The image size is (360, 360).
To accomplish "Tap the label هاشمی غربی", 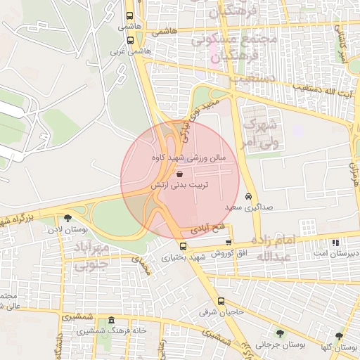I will [124, 52].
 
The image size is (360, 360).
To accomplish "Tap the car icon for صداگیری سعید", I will [249, 197].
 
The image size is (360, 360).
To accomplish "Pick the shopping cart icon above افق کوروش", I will [228, 243].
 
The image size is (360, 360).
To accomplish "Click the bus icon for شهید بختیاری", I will [183, 247].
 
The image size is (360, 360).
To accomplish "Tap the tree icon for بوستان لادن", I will [67, 219].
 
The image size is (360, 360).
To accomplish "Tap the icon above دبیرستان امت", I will [336, 243].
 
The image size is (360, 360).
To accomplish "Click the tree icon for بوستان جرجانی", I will [280, 333].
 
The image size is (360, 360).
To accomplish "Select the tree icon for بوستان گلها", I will [340, 337].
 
